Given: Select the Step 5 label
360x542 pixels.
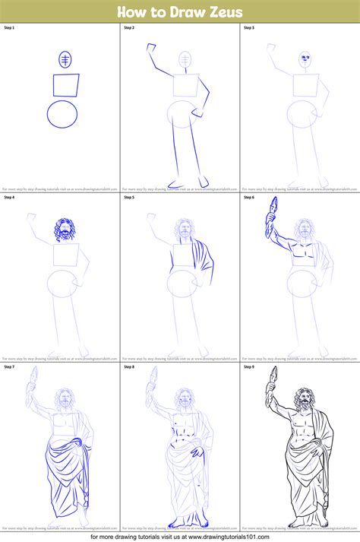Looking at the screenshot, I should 129,198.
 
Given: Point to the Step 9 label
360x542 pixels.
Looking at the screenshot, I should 249,367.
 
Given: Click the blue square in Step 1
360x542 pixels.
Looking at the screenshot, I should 65,85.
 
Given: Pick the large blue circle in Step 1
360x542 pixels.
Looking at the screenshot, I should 62,115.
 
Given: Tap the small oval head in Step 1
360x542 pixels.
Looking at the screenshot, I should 65,60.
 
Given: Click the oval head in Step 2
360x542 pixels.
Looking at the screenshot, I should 185,60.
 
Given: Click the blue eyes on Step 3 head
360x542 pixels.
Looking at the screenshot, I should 305,58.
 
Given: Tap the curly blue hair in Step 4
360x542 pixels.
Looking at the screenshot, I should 65,229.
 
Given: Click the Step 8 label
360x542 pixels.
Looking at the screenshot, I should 129,367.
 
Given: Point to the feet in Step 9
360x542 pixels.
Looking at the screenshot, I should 304,524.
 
